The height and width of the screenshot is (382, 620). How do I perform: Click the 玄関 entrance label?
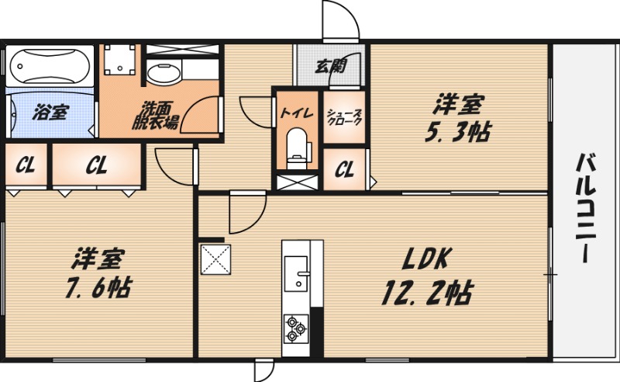pos(331,66)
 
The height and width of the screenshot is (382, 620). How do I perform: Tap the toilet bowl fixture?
pos(297,146)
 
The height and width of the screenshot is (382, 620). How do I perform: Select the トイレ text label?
pos(297,113)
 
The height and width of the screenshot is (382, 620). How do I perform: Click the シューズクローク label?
pos(341,117)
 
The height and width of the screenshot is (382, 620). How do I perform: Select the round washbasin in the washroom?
pos(163,76)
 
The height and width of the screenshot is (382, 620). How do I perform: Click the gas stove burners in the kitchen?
pos(294,328)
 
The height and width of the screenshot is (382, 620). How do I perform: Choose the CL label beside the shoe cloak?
pos(345,168)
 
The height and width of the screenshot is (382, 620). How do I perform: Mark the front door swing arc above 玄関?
pos(341,19)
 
